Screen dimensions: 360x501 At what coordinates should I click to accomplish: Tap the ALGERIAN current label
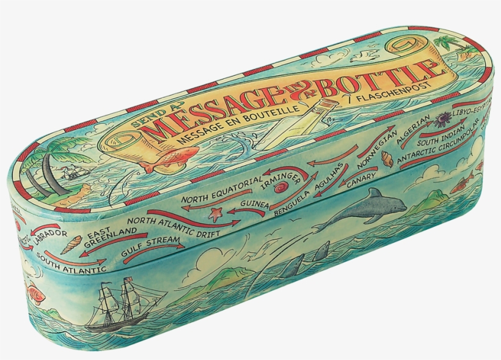pos(415,129)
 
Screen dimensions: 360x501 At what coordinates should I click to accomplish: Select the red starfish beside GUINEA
pos(215,213)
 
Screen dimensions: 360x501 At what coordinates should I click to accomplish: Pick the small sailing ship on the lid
pos(75,172)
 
